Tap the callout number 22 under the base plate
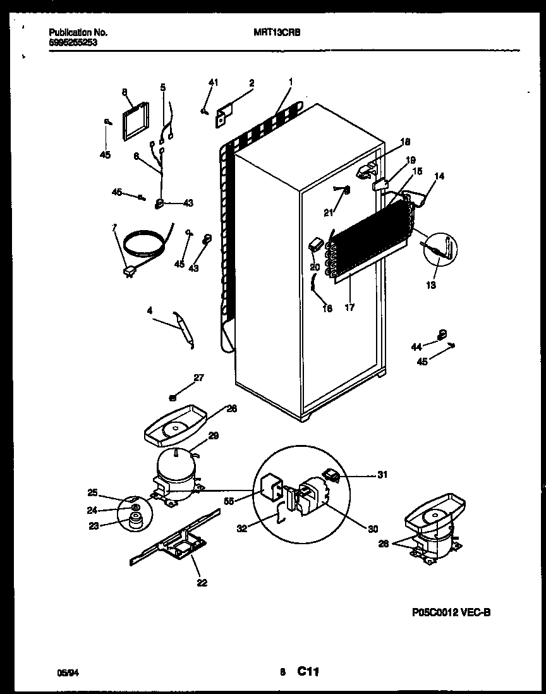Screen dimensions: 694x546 coord(202,582)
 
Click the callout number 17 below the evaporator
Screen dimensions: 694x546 coord(349,308)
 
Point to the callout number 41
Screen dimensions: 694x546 coord(213,82)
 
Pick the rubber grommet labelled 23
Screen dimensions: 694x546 coord(134,521)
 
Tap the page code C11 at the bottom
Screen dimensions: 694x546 coord(310,673)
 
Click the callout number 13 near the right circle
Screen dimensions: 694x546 coord(430,285)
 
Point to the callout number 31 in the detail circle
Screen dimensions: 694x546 coord(382,475)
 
